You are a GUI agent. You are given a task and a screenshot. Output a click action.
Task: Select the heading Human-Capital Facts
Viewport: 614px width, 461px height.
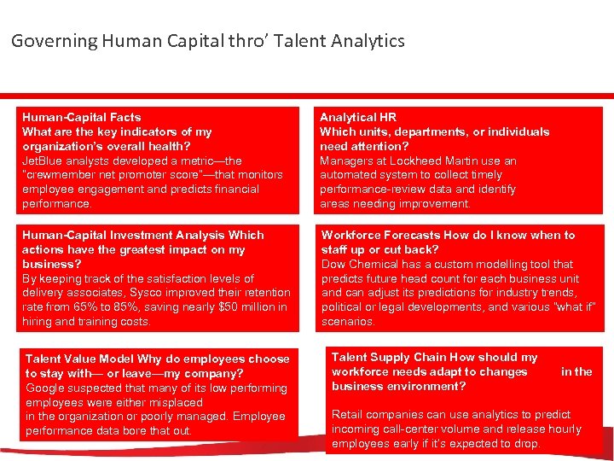(x=82, y=117)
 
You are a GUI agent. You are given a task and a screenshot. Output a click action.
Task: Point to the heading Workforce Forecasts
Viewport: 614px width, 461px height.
(x=380, y=235)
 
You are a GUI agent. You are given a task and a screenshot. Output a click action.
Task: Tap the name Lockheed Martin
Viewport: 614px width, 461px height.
(x=450, y=160)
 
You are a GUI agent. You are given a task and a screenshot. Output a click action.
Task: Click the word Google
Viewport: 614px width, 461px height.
(x=46, y=388)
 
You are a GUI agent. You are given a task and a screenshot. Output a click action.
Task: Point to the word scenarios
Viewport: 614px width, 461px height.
(x=347, y=322)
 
